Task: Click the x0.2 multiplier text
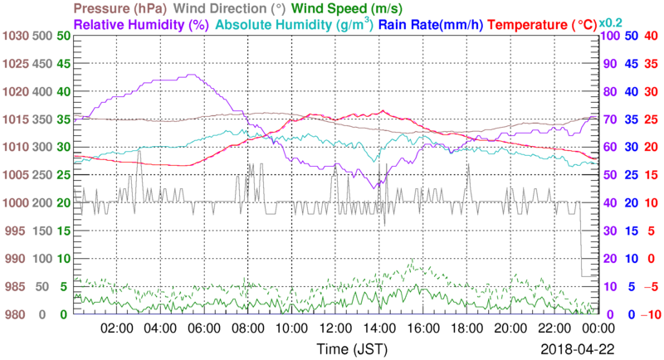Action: pos(612,22)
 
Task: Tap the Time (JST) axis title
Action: pos(344,348)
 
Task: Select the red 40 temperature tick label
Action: pos(651,36)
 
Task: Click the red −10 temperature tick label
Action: pos(649,314)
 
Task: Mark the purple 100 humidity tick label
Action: pos(608,36)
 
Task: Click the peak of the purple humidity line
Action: pos(193,75)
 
